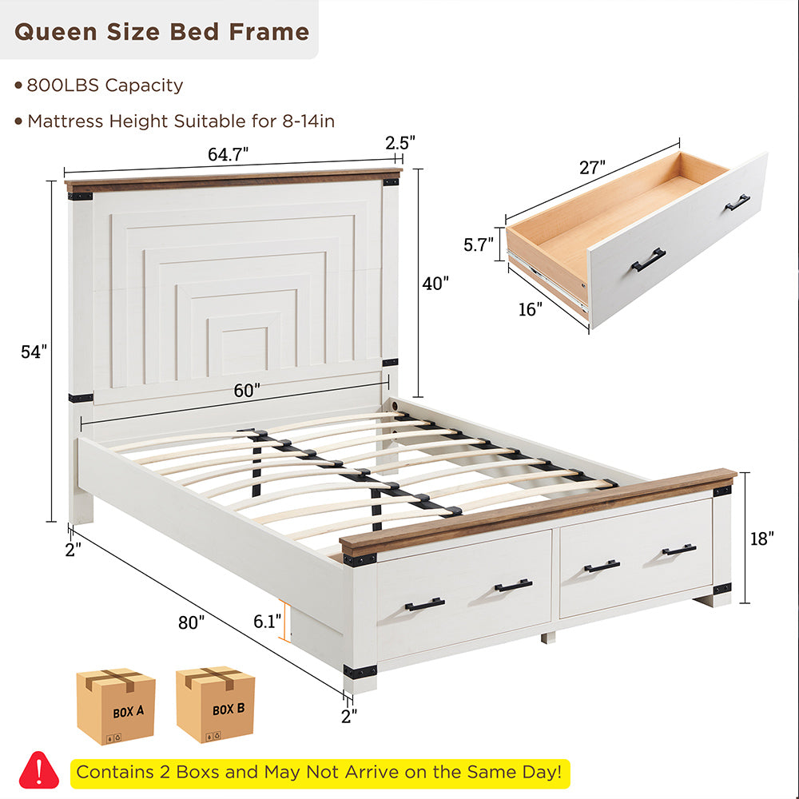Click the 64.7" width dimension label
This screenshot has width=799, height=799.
coord(229,154)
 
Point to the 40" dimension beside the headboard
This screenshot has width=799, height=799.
coord(435,282)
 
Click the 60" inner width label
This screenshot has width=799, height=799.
coord(248,391)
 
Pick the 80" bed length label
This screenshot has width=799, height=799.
coord(192,622)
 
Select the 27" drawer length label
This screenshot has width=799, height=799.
coord(592,167)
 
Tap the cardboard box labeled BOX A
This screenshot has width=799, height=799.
coord(116,706)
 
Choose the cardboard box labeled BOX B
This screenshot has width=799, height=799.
coord(216,705)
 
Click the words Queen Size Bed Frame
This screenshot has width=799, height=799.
coord(161,32)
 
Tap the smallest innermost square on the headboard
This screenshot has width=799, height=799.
coord(244,350)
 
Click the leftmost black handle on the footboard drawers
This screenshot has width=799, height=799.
coord(424,604)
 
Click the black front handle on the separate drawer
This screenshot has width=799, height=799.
coord(648,260)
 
